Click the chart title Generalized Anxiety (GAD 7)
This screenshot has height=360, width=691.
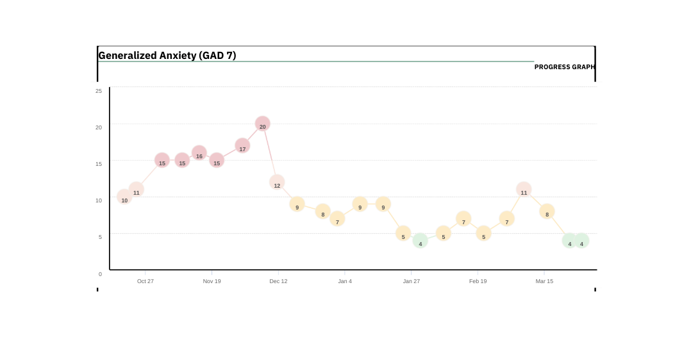coord(167,56)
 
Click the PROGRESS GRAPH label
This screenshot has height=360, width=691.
coord(564,67)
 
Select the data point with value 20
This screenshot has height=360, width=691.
coord(262,124)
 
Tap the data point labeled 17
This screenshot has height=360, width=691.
coord(242,146)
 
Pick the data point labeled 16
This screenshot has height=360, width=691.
coord(199,153)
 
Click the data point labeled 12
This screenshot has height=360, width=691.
coord(277,183)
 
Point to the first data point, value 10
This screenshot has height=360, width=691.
coord(124,197)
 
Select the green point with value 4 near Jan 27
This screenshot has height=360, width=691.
coord(420,241)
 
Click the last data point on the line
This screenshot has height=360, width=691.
coord(581,241)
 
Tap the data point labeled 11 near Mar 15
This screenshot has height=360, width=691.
coord(524,190)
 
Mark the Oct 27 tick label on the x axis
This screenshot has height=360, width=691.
coord(146,281)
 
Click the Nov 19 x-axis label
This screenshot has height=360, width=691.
coord(212,281)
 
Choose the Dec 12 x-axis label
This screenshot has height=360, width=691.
coord(278,281)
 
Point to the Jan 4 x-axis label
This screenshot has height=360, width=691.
coord(345,281)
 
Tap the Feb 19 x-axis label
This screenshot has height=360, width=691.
coord(478,281)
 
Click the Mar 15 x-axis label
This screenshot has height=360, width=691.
coord(544,281)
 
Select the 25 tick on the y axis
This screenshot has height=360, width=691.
coord(99,91)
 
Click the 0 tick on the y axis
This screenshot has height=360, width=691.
coord(100,274)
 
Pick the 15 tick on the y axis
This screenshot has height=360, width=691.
coord(99,164)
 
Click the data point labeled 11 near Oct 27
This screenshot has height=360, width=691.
coord(136,190)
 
